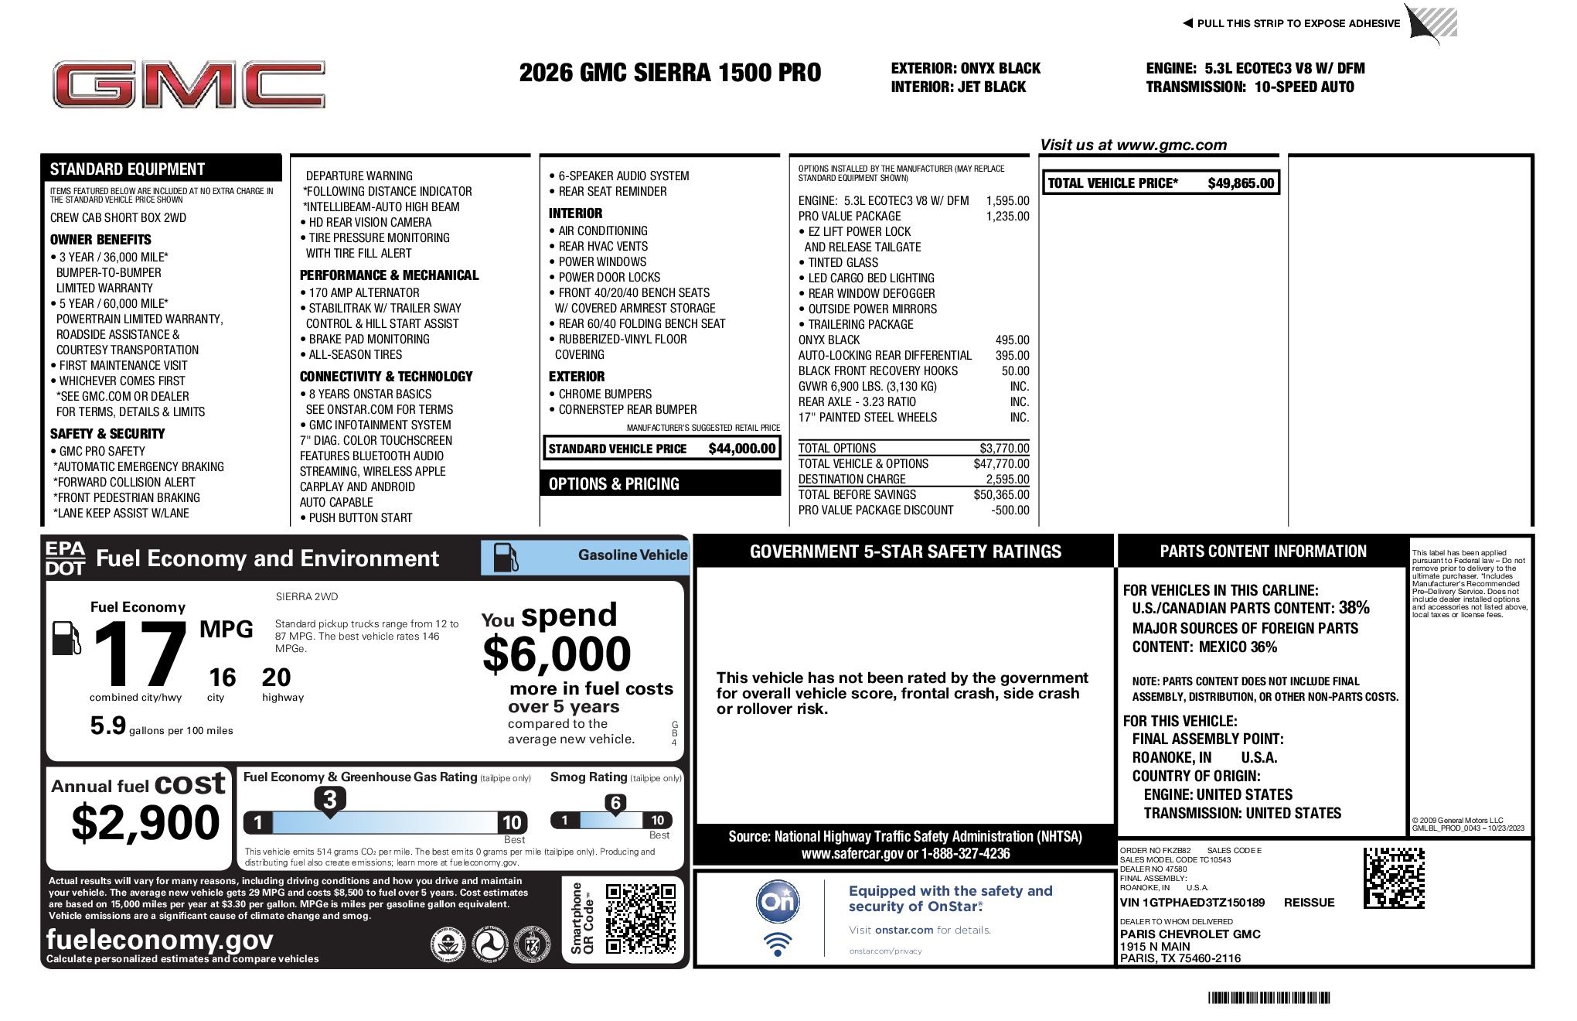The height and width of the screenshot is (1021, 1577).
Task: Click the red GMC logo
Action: [x=189, y=85]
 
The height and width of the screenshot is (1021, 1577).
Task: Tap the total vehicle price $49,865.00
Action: [x=1240, y=183]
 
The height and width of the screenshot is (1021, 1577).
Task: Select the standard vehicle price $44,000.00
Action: [x=741, y=449]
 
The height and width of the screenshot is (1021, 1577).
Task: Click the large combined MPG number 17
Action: [x=140, y=655]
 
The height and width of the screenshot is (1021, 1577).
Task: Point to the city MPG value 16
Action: [x=222, y=678]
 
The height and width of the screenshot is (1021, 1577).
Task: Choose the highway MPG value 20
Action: [x=276, y=678]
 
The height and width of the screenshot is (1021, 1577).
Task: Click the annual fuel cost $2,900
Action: [x=145, y=822]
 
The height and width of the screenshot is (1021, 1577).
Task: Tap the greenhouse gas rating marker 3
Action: [x=329, y=800]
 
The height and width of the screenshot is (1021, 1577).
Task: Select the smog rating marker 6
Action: [x=615, y=803]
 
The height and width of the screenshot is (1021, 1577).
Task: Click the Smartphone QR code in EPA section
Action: [x=640, y=919]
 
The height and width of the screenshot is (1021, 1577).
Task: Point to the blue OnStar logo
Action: [x=778, y=901]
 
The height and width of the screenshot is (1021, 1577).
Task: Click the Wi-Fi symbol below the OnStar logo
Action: [x=778, y=944]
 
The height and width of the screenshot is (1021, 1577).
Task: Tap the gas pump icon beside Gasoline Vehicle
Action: [x=506, y=557]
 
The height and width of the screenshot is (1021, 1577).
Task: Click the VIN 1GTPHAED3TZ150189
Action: [x=1192, y=903]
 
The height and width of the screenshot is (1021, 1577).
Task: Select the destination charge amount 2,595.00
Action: [x=1007, y=480]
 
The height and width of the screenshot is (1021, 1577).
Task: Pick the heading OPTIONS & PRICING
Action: [x=614, y=484]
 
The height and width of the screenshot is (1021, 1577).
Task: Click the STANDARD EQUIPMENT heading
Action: [x=128, y=169]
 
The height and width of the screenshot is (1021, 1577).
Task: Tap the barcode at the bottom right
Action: [x=1269, y=998]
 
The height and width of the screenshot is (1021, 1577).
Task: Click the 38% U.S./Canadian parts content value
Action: [x=1354, y=608]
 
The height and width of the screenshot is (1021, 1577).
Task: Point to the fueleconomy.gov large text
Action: [x=160, y=940]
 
